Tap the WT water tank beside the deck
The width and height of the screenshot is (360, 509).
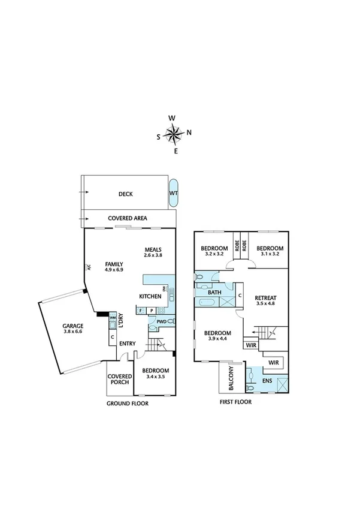173,194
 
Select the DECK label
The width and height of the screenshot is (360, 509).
125,194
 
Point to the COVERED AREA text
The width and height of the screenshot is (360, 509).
127,218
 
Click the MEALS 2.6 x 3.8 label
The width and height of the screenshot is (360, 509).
153,252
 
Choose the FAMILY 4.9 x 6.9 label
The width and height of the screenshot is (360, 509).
114,267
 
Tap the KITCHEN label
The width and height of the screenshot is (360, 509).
150,297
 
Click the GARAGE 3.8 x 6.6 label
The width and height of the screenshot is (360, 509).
73,330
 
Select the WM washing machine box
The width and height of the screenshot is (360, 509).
112,318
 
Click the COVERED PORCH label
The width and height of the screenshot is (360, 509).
119,380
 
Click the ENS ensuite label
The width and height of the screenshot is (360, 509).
268,381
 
